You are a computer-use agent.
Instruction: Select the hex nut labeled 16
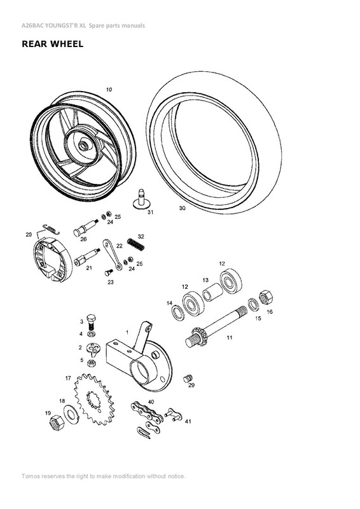pos(268,296)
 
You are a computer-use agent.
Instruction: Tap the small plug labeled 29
pos(188,379)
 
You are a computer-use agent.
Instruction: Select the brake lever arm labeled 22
pos(116,257)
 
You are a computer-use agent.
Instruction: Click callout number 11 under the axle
pos(229,337)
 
